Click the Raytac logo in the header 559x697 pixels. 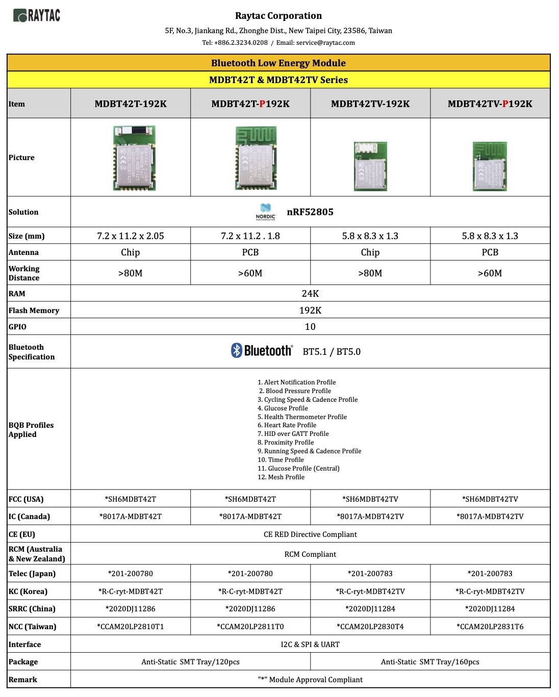pyautogui.click(x=37, y=16)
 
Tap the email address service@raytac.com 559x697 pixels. pyautogui.click(x=325, y=43)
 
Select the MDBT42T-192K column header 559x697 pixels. pyautogui.click(x=131, y=104)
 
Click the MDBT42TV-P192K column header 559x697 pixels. pyautogui.click(x=490, y=104)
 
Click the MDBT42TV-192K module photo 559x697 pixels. pyautogui.click(x=370, y=166)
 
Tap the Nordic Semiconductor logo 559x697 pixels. pyautogui.click(x=265, y=212)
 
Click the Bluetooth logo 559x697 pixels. pyautogui.click(x=262, y=351)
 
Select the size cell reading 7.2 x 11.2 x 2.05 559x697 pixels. pyautogui.click(x=131, y=236)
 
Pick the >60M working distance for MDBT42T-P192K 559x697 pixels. pyautogui.click(x=250, y=273)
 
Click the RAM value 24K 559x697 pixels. pyautogui.click(x=310, y=294)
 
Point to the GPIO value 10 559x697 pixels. pyautogui.click(x=310, y=327)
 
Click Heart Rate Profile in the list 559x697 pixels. pyautogui.click(x=290, y=425)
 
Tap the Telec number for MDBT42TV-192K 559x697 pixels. pyautogui.click(x=370, y=574)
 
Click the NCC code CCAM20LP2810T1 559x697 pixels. pyautogui.click(x=131, y=627)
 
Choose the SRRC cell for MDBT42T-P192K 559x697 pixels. pyautogui.click(x=250, y=609)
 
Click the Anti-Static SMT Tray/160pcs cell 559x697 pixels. pyautogui.click(x=430, y=662)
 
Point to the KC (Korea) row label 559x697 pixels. pyautogui.click(x=28, y=591)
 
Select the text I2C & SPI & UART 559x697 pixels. pyautogui.click(x=310, y=644)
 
